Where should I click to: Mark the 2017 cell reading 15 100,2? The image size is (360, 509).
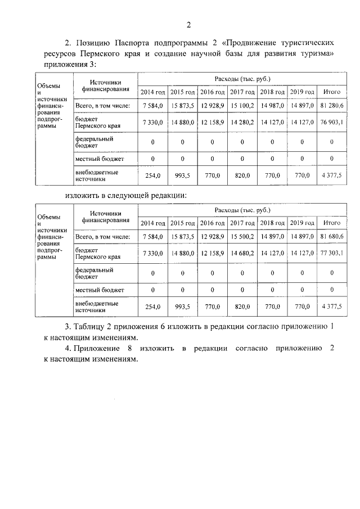pos(242,105)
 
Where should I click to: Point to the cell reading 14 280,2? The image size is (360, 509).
pos(242,122)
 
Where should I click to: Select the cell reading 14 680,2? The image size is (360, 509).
pos(242,254)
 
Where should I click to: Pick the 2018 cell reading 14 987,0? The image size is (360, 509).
pos(272,105)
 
